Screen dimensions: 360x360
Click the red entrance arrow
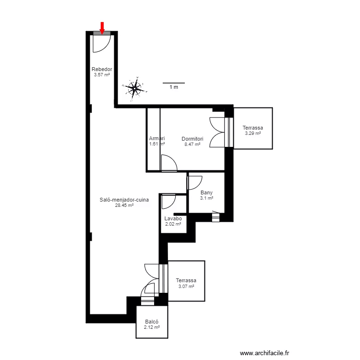(x=102, y=27)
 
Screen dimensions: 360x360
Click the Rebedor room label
(x=102, y=70)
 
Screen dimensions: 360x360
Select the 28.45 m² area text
(x=124, y=205)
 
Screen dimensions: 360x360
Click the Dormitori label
(x=192, y=139)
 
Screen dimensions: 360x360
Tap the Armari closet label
(x=157, y=139)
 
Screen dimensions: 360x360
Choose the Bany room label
(x=206, y=193)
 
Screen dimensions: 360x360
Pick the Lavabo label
(x=173, y=218)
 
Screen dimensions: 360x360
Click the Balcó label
(x=152, y=323)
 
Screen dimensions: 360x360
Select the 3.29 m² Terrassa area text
(x=252, y=133)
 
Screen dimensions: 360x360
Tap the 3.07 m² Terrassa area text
(x=185, y=286)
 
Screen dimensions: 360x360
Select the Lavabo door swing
(x=169, y=201)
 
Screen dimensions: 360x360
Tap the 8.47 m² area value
(x=192, y=144)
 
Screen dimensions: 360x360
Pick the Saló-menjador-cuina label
(x=124, y=200)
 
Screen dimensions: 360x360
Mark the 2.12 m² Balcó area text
(x=152, y=328)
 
